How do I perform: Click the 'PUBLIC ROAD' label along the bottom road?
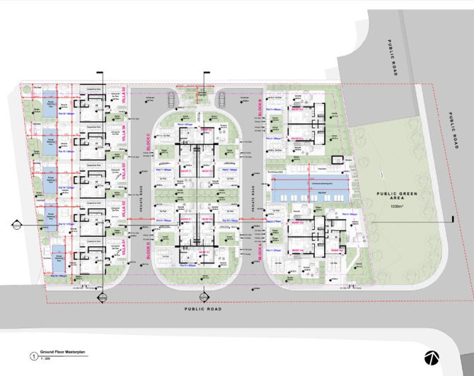point(203,309)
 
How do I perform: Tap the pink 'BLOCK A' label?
point(261,249)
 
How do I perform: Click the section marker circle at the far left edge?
point(15,225)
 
